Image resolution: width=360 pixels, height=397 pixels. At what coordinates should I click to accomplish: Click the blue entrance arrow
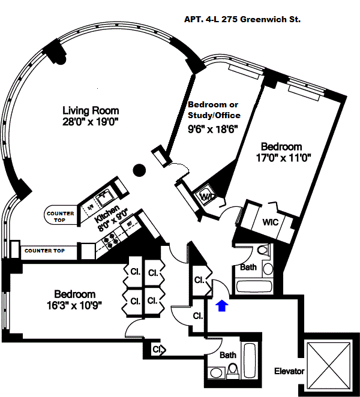pos(221,306)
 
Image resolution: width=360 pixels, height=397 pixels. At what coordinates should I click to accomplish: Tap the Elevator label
pos(289,371)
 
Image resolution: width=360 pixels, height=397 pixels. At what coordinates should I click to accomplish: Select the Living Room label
pos(91,110)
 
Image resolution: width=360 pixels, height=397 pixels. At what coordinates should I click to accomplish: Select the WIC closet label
pos(269,221)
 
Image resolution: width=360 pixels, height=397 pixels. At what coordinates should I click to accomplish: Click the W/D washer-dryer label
pos(208,197)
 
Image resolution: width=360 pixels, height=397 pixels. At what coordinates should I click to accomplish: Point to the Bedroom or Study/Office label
pos(214,110)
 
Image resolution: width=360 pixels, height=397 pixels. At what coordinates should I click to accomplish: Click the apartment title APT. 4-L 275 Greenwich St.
pos(242,19)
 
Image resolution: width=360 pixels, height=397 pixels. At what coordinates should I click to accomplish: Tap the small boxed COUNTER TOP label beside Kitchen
pos(60,216)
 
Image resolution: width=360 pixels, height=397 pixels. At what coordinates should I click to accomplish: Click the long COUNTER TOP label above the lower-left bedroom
pos(45,250)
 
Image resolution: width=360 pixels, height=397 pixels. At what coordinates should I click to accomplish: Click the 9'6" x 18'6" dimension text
pos(213,128)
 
